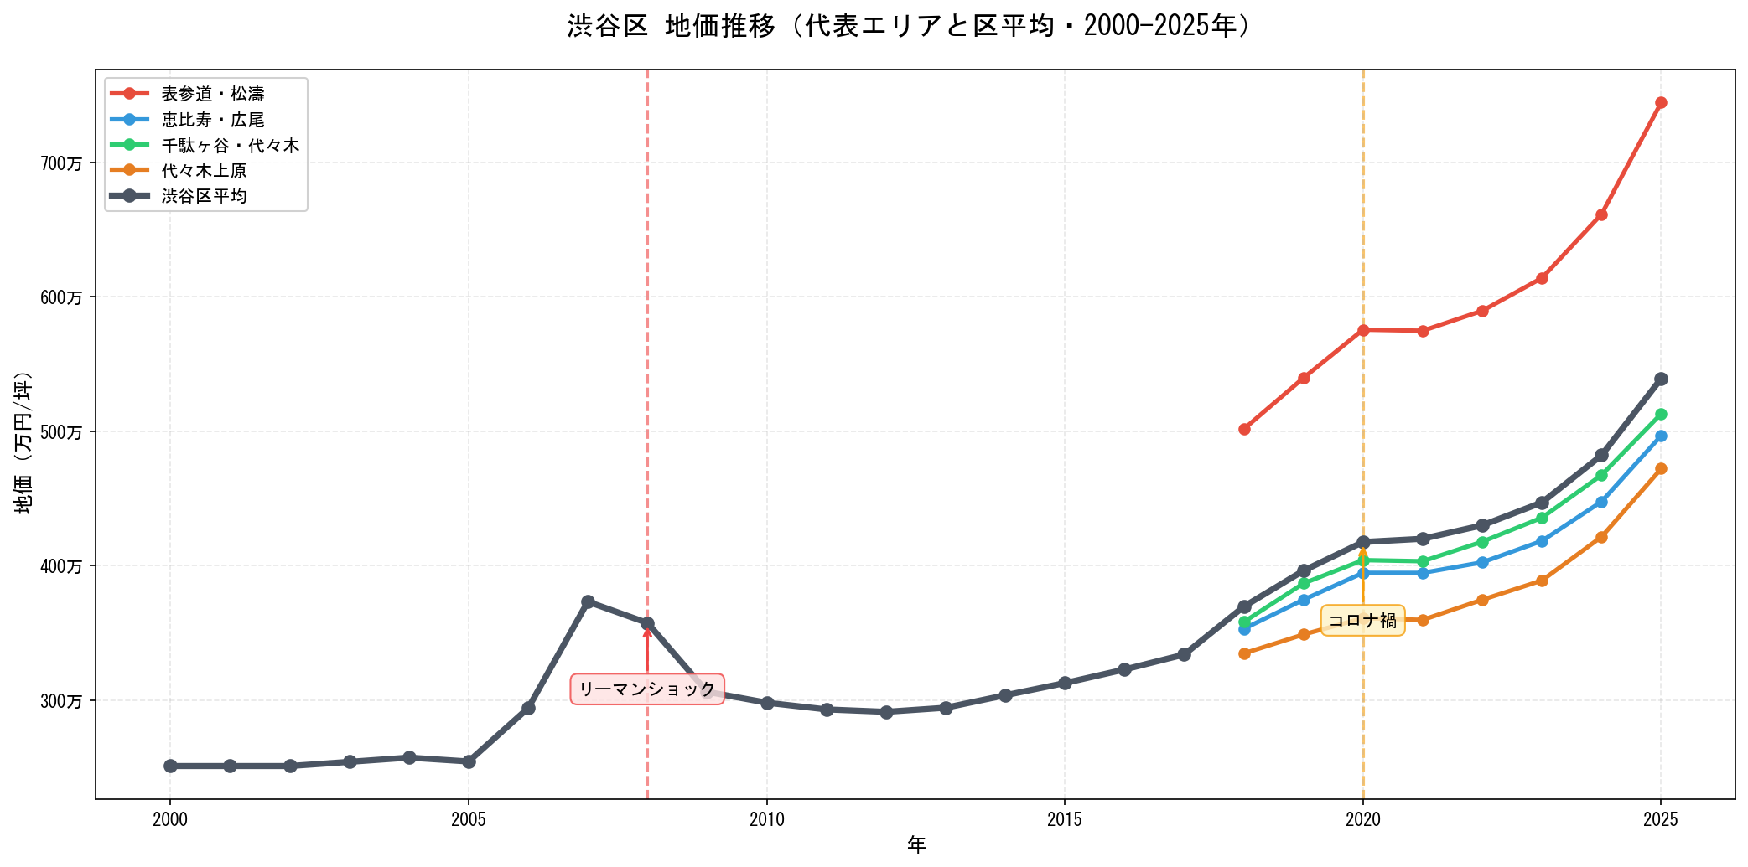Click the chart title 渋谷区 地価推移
click(x=910, y=27)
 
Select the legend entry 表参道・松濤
click(x=213, y=94)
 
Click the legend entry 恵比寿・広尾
click(x=213, y=120)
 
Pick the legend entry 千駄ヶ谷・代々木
click(x=230, y=146)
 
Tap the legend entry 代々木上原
click(x=204, y=171)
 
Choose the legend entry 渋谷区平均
click(x=204, y=196)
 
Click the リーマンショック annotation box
click(x=647, y=689)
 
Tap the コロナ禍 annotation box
click(x=1362, y=621)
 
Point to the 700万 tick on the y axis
click(x=62, y=163)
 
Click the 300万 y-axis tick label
click(x=62, y=701)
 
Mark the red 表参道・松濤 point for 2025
click(x=1661, y=103)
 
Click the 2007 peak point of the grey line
click(x=588, y=601)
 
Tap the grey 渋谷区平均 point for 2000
click(x=170, y=766)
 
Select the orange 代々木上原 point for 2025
click(x=1661, y=469)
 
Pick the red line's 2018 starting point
click(x=1244, y=429)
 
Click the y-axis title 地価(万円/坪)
click(x=23, y=441)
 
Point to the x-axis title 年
click(x=915, y=845)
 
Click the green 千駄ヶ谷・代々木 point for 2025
click(x=1661, y=414)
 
